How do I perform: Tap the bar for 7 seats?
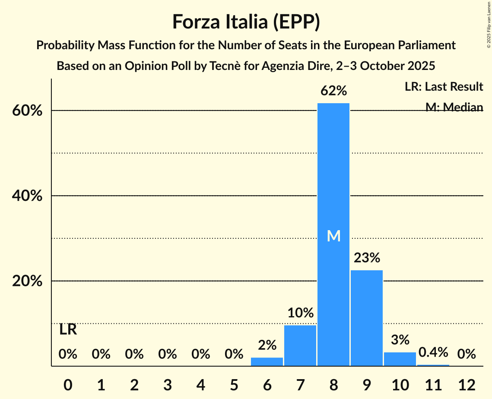point(300,345)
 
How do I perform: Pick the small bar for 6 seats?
point(267,362)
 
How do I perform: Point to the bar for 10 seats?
point(400,359)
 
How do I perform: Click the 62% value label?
point(333,91)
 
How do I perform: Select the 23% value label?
point(367,258)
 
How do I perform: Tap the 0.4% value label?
point(433,353)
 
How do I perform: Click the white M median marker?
point(333,236)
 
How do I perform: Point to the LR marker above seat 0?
point(68,330)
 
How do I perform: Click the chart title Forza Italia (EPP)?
point(246,22)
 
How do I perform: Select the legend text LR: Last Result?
point(444,87)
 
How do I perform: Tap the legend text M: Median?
point(454,107)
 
